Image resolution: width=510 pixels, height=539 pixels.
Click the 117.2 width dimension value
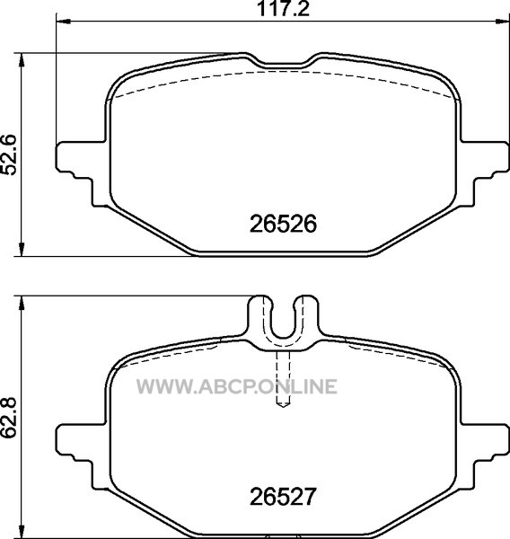(283, 9)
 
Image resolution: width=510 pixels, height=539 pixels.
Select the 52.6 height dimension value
(9, 155)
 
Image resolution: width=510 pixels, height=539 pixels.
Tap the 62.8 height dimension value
(9, 418)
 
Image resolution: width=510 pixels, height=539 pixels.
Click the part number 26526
(283, 224)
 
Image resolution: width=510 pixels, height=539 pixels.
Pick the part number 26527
(282, 497)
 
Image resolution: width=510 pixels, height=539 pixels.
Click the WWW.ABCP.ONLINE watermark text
(237, 386)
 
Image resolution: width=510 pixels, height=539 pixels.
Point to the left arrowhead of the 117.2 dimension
(63, 22)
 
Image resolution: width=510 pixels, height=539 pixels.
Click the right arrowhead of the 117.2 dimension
(502, 22)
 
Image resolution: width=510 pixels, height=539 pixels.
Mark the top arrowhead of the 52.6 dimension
(22, 60)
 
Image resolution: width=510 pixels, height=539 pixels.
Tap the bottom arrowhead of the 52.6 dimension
(22, 249)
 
